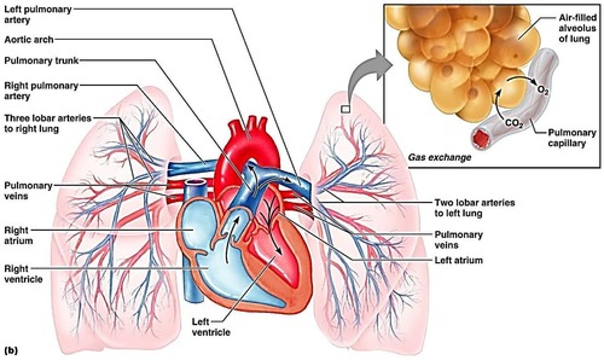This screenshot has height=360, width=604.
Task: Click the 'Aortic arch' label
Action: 29,39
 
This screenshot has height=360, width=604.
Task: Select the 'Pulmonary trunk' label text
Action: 41,61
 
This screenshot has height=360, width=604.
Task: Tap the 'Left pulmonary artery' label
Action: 38,14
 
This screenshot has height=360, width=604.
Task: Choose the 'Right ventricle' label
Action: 23,274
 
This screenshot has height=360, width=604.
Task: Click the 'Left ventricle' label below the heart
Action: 211,327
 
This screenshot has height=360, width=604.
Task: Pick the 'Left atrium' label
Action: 458,260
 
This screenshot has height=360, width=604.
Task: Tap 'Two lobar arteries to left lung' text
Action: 474,208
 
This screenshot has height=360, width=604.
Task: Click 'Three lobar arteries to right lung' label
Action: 47,123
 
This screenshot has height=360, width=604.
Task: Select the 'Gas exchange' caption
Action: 440,158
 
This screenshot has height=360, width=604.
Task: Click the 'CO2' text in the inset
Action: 513,123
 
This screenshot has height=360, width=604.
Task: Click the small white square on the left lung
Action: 345,109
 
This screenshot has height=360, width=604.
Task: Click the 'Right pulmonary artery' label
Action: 41,91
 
